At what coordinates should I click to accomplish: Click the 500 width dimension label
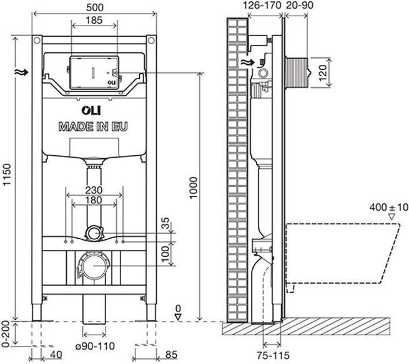(x=95, y=7)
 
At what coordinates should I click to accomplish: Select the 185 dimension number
(x=94, y=20)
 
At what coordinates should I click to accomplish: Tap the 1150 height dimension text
(x=7, y=175)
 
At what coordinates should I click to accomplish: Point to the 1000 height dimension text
(x=194, y=188)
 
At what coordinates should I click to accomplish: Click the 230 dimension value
(x=94, y=190)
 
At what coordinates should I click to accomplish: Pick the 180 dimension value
(x=94, y=200)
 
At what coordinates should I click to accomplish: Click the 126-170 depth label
(x=262, y=5)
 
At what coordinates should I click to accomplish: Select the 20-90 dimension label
(x=300, y=5)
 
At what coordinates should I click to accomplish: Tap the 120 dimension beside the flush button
(x=323, y=73)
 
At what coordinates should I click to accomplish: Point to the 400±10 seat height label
(x=388, y=208)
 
